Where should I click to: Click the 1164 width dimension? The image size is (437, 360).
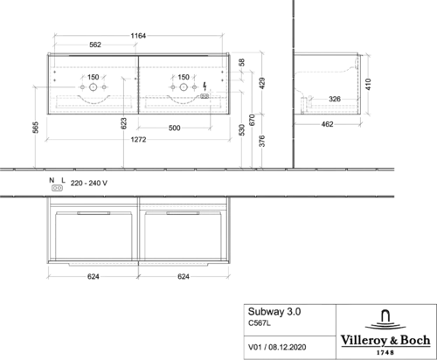pyautogui.click(x=138, y=36)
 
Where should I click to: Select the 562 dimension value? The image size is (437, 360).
pyautogui.click(x=95, y=45)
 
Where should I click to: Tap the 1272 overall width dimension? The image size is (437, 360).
pyautogui.click(x=138, y=140)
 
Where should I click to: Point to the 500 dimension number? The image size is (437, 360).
pyautogui.click(x=174, y=128)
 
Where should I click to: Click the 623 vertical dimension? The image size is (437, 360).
pyautogui.click(x=123, y=123)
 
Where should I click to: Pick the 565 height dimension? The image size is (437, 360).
pyautogui.click(x=35, y=128)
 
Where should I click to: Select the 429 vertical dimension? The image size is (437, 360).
pyautogui.click(x=262, y=83)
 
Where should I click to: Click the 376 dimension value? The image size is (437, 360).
pyautogui.click(x=262, y=141)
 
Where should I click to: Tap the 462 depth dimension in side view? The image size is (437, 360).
pyautogui.click(x=327, y=124)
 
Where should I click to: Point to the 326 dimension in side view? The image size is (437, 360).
pyautogui.click(x=335, y=99)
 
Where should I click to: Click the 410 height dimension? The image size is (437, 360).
pyautogui.click(x=368, y=85)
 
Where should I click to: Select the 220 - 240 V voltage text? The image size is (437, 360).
pyautogui.click(x=89, y=183)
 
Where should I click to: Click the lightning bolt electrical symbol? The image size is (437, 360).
pyautogui.click(x=205, y=87)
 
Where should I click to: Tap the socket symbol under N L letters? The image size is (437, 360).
pyautogui.click(x=57, y=188)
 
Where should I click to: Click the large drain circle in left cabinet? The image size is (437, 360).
pyautogui.click(x=93, y=87)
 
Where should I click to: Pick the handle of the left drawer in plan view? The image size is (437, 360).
pyautogui.click(x=94, y=213)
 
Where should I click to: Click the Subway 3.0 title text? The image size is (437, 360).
pyautogui.click(x=274, y=312)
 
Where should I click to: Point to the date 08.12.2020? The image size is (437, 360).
pyautogui.click(x=288, y=347)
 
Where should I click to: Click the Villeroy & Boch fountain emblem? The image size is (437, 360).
pyautogui.click(x=385, y=320)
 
